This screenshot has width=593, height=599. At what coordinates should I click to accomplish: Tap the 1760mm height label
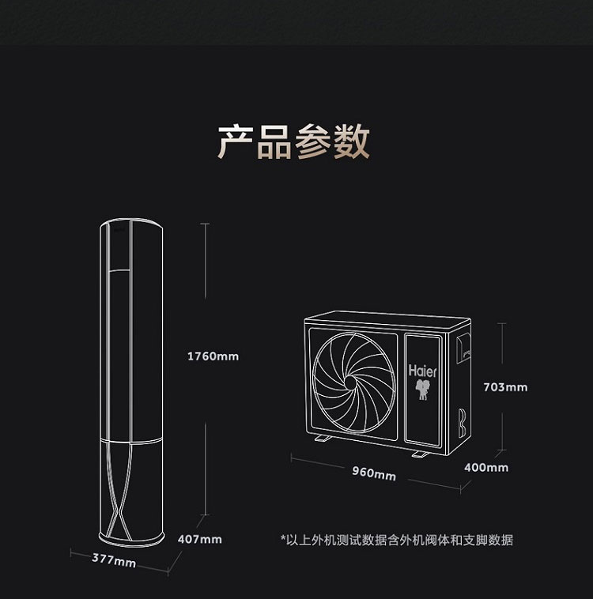click(x=212, y=356)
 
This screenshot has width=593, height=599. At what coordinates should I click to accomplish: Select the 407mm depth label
click(x=199, y=539)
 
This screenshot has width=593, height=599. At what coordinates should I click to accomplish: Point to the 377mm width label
click(x=114, y=560)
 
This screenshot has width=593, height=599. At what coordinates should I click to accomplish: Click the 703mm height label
click(x=504, y=387)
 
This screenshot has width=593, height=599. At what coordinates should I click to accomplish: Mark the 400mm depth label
click(x=486, y=468)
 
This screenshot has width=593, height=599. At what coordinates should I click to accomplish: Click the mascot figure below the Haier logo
click(x=425, y=390)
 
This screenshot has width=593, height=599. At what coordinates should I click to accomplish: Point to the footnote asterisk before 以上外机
click(x=283, y=540)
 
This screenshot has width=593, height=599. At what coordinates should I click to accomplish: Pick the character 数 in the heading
click(x=351, y=141)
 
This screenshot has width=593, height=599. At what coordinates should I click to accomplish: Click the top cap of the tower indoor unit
click(x=132, y=227)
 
